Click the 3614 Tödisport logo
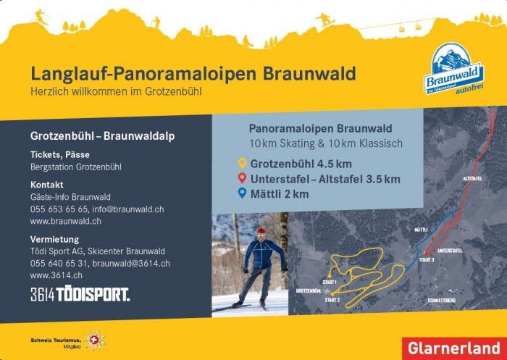pyautogui.click(x=80, y=294)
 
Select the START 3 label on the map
pyautogui.click(x=426, y=259)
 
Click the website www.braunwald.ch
pyautogui.click(x=60, y=221)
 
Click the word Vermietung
pyautogui.click(x=54, y=239)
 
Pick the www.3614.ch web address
pyautogui.click(x=56, y=275)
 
